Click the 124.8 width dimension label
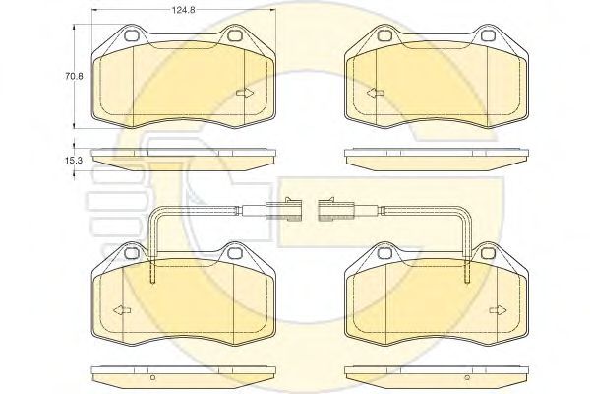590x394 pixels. (x=184, y=10)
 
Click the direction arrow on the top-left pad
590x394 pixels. (x=245, y=93)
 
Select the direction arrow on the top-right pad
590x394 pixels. (x=376, y=93)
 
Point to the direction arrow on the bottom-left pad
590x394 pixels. (x=122, y=310)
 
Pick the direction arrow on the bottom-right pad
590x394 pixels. (x=499, y=310)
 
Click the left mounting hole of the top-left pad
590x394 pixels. (x=132, y=35)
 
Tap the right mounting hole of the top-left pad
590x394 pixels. (x=235, y=35)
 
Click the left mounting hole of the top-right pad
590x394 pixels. (x=384, y=35)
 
